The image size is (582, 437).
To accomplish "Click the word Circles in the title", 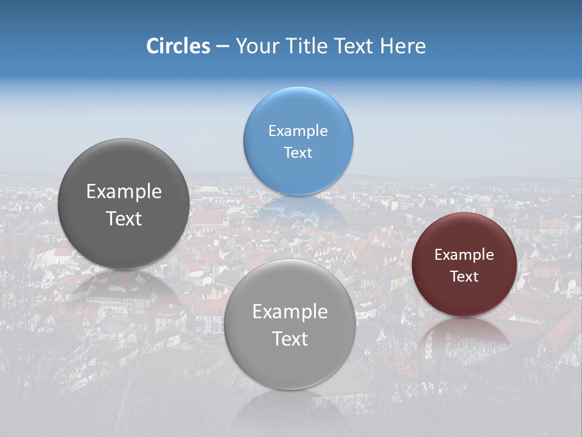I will [178, 46].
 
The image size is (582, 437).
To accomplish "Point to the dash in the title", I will [222, 47].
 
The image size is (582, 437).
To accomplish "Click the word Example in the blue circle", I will [298, 131].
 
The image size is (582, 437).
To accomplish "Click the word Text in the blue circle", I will [298, 153].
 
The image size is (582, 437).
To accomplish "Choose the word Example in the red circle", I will [464, 255].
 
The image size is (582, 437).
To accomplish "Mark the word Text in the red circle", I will [464, 277].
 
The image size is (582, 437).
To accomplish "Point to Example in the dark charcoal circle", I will [124, 192].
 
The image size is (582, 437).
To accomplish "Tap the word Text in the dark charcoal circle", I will [124, 218].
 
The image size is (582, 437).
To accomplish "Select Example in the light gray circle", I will [290, 312].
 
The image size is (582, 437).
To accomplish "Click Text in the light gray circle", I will [290, 339].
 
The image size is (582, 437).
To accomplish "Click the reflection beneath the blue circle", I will [298, 209].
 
